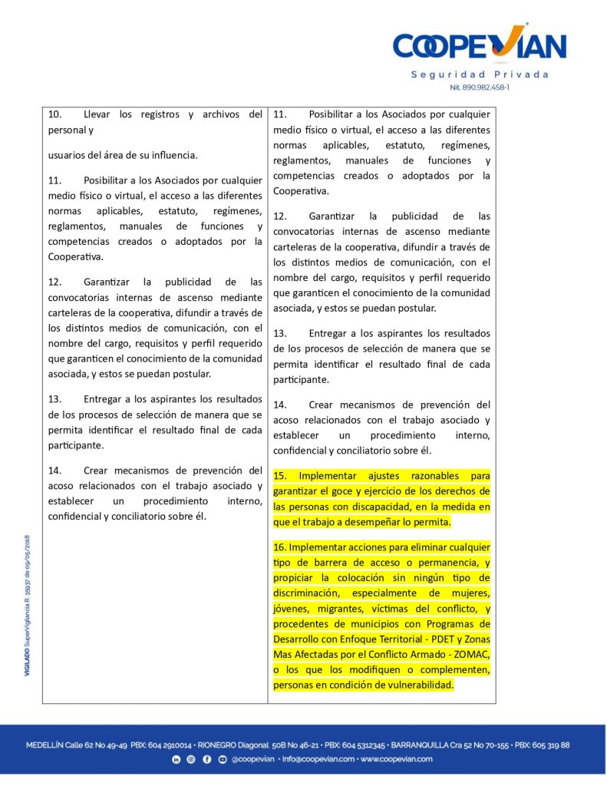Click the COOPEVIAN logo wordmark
pyautogui.click(x=480, y=46)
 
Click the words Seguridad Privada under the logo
pyautogui.click(x=480, y=74)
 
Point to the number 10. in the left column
pyautogui.click(x=55, y=114)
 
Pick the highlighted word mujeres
pyautogui.click(x=470, y=593)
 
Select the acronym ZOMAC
pyautogui.click(x=470, y=654)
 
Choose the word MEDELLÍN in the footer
pyautogui.click(x=44, y=745)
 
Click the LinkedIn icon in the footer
pyautogui.click(x=176, y=759)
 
